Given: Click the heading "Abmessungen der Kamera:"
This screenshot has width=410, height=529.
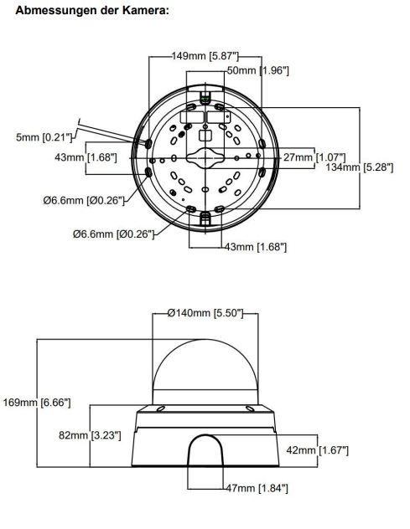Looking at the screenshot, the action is point(92,10).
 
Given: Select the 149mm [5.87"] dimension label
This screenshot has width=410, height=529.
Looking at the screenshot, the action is point(205,56).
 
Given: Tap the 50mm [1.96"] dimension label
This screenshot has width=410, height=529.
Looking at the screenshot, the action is point(258,70).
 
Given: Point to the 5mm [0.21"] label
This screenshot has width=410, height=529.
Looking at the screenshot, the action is point(44,137).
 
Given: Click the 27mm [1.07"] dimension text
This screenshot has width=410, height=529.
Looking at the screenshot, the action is point(314,157).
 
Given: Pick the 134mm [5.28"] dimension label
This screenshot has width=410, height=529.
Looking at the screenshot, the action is point(360,167).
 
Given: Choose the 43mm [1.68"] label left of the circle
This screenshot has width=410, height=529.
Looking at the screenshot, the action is point(86,157).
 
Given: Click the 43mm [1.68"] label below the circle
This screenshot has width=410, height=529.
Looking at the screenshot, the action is point(256,247).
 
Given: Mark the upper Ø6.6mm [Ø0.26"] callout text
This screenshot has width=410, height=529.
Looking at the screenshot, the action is point(84,200).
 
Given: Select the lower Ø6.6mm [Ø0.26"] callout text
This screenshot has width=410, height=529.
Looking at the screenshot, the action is point(113,234).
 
